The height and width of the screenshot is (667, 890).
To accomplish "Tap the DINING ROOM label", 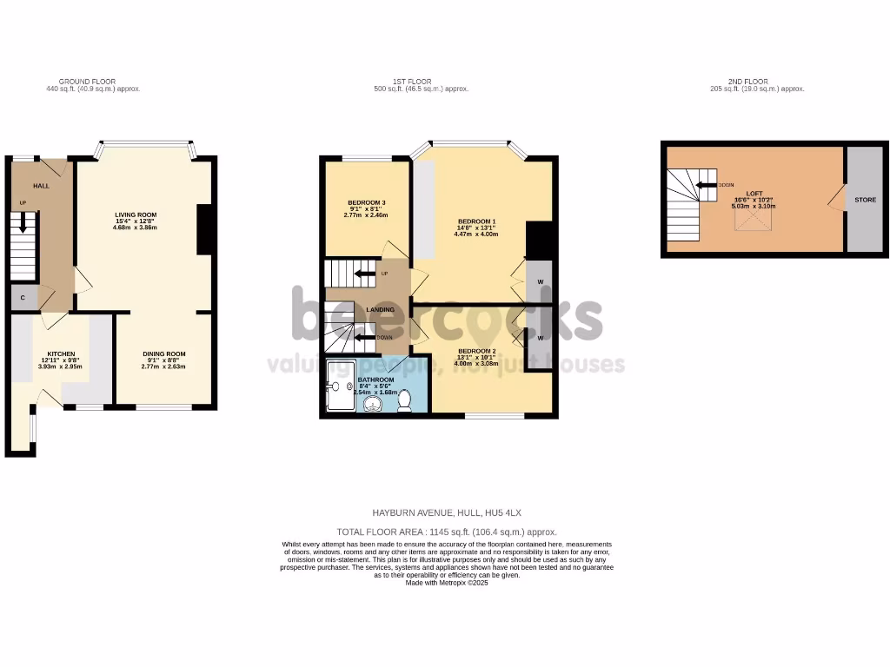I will click(164, 354).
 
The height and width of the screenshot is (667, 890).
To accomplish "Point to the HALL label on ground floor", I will click(42, 186).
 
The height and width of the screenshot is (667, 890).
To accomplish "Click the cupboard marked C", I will click(23, 298).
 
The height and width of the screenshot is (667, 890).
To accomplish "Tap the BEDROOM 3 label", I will click(366, 202).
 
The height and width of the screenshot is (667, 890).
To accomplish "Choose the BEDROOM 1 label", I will click(476, 221).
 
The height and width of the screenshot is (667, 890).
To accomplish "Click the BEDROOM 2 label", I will click(476, 351).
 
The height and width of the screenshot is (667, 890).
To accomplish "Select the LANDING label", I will click(380, 310).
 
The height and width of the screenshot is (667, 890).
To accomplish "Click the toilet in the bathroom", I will click(405, 401).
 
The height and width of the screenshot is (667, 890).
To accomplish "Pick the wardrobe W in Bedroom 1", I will click(540, 281).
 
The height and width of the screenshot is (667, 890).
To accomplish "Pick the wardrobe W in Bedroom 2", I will click(540, 338).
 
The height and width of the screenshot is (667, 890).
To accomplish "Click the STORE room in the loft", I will click(865, 200).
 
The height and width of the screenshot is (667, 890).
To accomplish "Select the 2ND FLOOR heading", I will click(747, 82).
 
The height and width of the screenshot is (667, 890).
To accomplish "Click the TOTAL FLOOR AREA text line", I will click(446, 532).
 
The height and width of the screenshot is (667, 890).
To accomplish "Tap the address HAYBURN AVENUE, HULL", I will click(446, 514).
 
